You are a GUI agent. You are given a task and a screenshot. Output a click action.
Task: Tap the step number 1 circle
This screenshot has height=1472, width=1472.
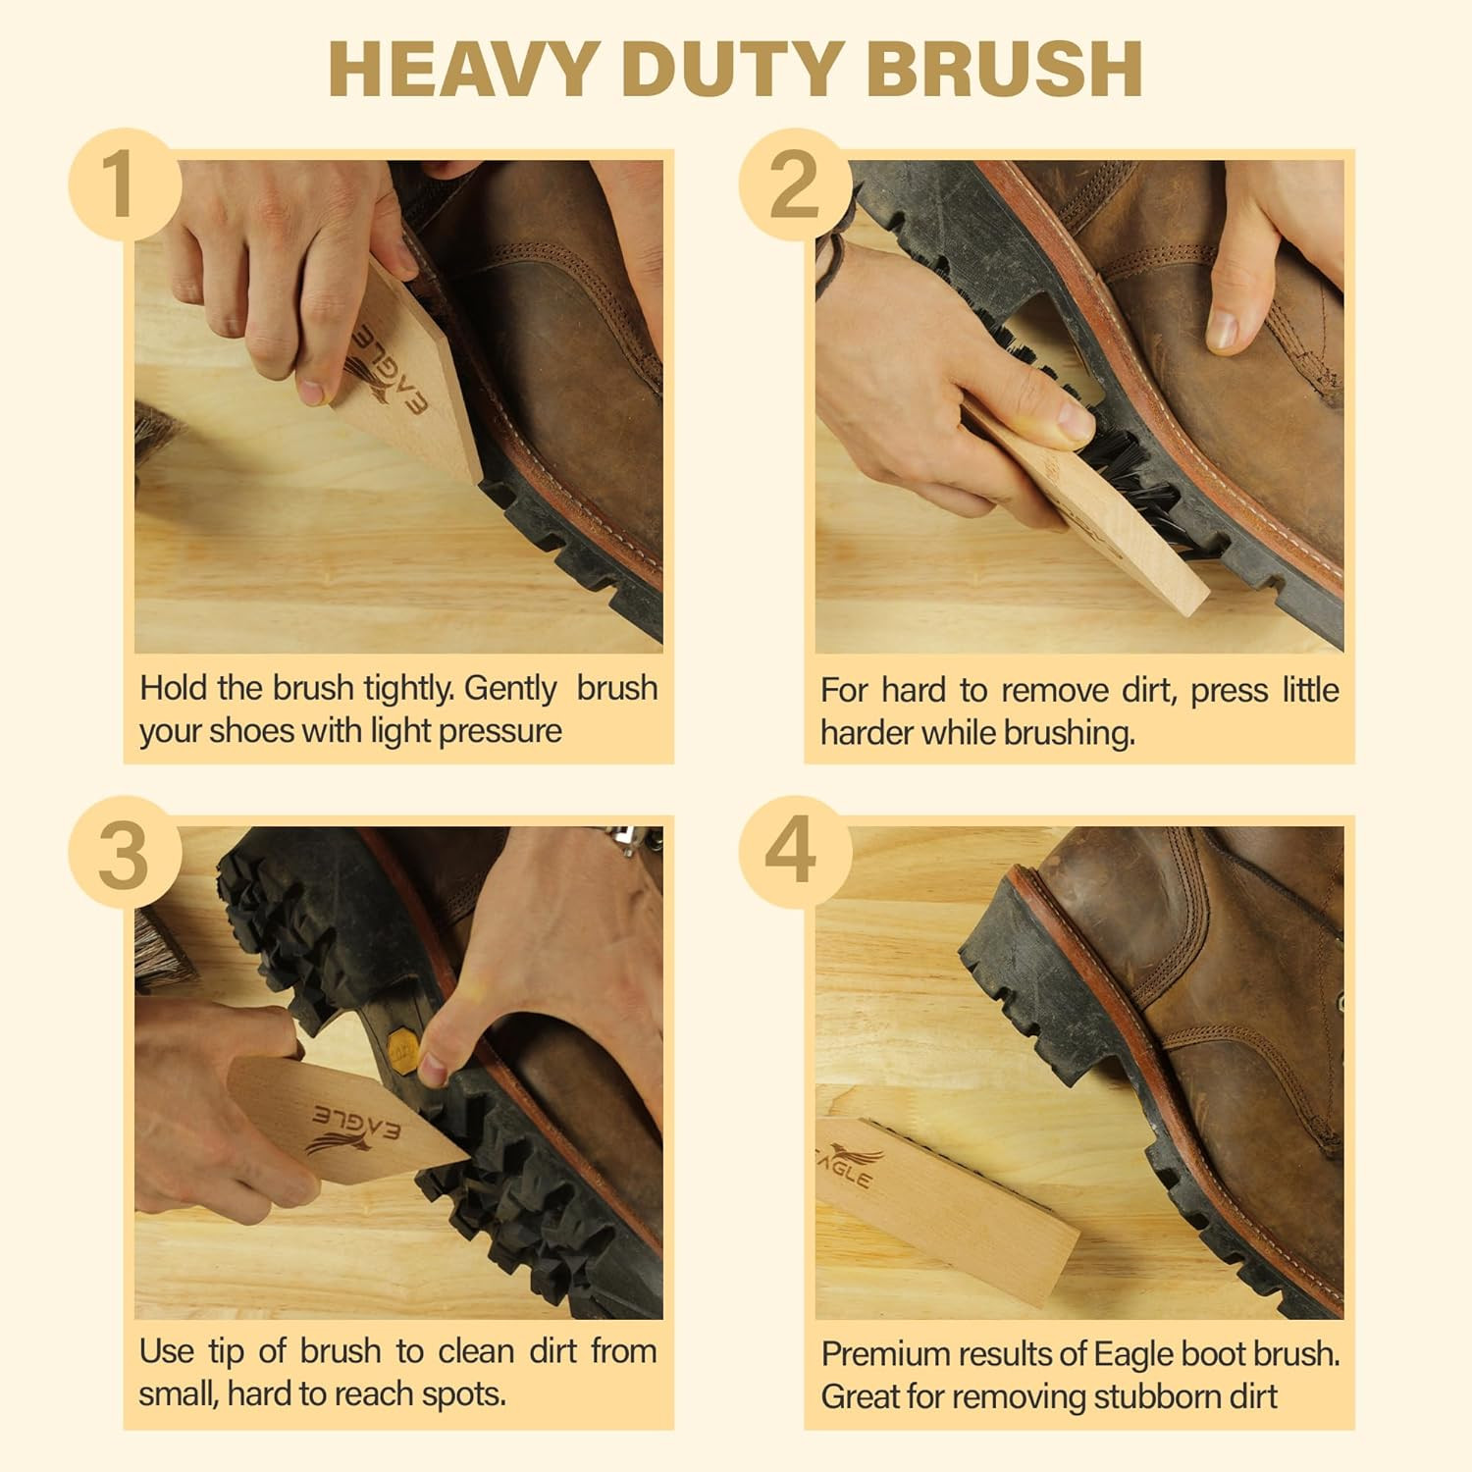[x=124, y=184]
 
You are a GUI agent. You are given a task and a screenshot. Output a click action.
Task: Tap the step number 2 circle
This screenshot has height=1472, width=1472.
[x=794, y=184]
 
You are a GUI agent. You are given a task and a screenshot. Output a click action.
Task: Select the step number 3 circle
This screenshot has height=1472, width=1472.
[x=124, y=854]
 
